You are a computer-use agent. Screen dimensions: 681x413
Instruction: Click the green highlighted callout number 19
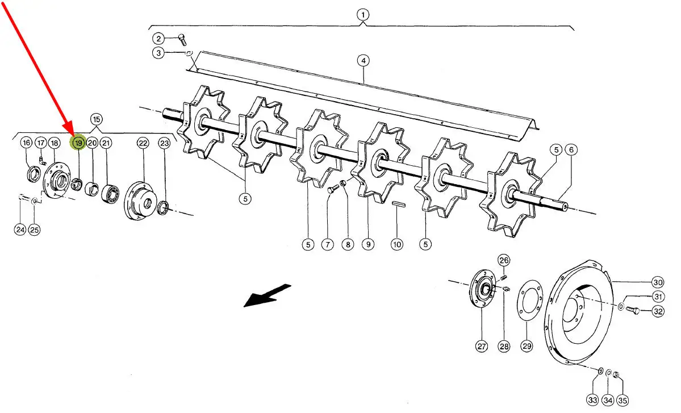[78, 143]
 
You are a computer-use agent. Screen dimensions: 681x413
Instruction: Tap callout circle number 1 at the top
[362, 15]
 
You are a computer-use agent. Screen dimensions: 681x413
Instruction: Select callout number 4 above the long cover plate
[363, 60]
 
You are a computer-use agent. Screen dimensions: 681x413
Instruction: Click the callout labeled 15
[97, 119]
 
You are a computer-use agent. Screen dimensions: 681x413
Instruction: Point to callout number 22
[143, 143]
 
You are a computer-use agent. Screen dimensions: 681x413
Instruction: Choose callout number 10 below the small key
[397, 244]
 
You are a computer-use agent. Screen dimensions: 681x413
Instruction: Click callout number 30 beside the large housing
[658, 282]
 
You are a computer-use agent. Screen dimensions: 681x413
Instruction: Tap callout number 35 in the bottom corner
[623, 400]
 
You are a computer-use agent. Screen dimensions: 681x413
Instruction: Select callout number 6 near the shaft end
[571, 150]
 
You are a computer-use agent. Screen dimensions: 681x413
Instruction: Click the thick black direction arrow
[267, 296]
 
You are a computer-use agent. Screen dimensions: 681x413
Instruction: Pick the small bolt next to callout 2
[182, 40]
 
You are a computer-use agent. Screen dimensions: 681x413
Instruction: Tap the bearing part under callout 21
[110, 194]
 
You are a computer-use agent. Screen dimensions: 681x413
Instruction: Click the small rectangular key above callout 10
[398, 203]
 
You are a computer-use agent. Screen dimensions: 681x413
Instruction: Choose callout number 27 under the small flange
[482, 346]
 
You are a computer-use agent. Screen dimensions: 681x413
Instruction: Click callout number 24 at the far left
[20, 230]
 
